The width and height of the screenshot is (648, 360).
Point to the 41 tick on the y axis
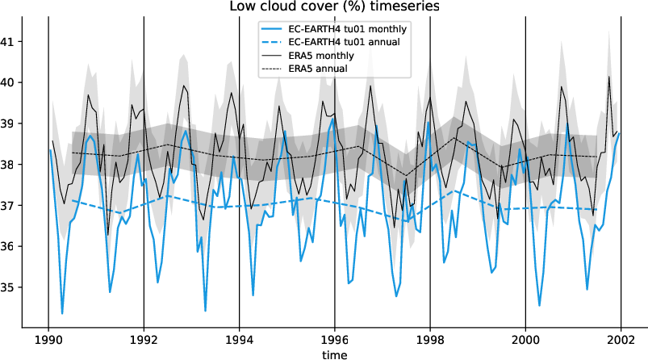click(x=15, y=42)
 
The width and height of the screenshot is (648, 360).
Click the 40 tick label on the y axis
click(x=15, y=83)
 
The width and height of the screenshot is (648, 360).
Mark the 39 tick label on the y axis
click(x=15, y=123)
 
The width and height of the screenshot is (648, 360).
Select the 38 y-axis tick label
click(x=15, y=165)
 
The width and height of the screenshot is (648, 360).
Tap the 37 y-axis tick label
click(x=15, y=206)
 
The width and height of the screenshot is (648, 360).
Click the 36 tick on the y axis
click(x=15, y=246)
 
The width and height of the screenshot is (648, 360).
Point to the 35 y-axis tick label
click(x=15, y=287)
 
